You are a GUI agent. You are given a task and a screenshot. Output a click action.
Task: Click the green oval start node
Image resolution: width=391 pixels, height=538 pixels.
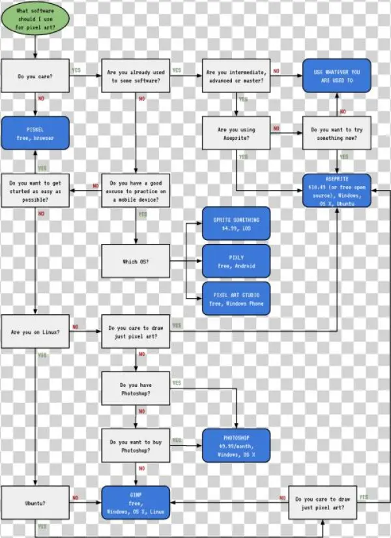[35, 20]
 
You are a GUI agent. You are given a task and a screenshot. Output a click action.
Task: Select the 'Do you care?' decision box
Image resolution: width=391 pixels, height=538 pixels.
[35, 76]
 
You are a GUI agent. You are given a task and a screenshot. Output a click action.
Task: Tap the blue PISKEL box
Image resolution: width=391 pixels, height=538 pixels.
[35, 133]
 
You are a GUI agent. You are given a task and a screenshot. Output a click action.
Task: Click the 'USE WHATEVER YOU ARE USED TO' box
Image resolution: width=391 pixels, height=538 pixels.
[336, 76]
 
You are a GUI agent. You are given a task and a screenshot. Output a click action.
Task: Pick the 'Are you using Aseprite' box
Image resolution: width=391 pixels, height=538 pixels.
[236, 133]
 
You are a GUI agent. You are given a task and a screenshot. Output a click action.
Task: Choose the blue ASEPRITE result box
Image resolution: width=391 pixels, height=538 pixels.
[336, 190]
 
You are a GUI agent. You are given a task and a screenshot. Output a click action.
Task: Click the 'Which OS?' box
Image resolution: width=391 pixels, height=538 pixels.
[136, 262]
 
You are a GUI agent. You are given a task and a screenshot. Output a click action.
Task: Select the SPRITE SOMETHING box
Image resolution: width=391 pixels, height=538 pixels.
[236, 224]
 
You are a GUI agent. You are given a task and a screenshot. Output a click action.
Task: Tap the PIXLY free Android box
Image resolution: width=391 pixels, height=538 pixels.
[236, 262]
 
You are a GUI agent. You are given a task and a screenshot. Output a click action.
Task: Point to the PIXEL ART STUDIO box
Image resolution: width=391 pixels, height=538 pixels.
[236, 299]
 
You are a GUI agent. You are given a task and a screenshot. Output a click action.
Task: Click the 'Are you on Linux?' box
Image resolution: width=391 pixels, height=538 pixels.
[35, 332]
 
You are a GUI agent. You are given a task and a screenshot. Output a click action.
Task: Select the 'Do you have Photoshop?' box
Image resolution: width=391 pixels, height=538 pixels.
[136, 388]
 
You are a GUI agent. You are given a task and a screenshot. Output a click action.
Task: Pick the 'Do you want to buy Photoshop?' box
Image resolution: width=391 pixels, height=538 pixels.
[136, 446]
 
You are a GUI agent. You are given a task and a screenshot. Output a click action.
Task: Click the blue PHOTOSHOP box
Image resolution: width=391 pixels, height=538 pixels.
[236, 446]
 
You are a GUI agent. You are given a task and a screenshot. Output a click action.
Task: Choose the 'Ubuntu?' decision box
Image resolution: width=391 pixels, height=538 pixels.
[35, 502]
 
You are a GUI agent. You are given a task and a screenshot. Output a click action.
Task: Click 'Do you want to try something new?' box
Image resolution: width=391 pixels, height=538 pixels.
[336, 133]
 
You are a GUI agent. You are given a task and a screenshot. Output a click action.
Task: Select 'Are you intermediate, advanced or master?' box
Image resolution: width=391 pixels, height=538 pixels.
[236, 76]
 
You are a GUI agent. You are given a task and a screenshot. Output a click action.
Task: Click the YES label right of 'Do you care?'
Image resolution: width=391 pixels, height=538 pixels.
[76, 70]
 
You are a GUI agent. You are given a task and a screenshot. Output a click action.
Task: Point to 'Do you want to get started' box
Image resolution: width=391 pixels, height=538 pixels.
[35, 190]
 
